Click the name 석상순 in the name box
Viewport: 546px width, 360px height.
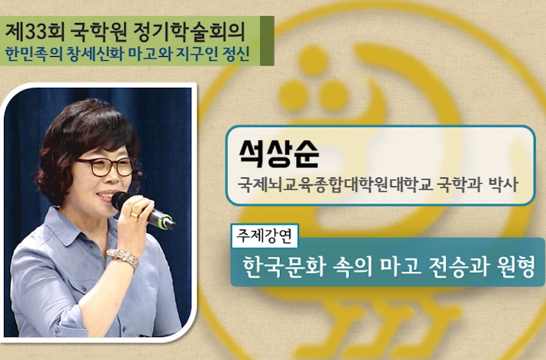pos(279,154)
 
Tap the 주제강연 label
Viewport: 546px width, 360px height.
pos(265,235)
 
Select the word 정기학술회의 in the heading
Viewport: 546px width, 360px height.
pos(189,32)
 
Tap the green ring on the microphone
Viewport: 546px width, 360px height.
pos(166,222)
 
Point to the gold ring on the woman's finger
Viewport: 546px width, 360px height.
pos(135,214)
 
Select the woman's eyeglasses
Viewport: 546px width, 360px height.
pos(105,166)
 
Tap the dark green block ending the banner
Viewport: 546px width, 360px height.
pos(267,41)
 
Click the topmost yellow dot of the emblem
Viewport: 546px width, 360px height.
pos(313,60)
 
